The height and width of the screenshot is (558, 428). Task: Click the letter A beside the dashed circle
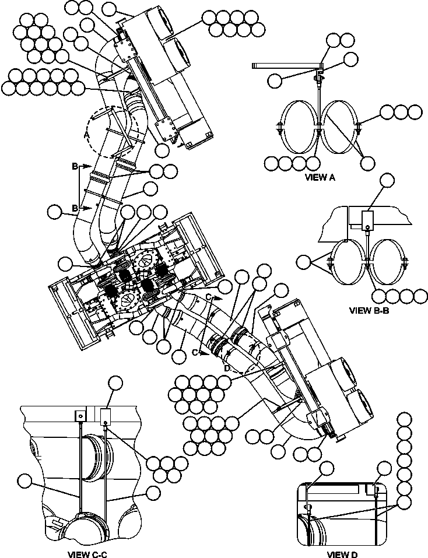coord(87,134)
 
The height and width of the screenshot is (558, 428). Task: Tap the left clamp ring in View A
coord(299,127)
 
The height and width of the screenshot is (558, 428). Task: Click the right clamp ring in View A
coord(341,127)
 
